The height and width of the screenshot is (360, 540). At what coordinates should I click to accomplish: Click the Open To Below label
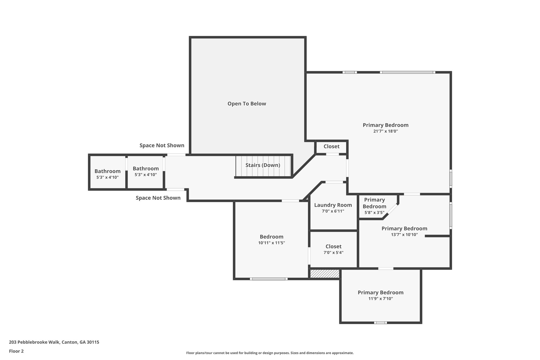[x=247, y=104]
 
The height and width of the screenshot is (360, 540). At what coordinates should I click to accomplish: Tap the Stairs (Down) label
[x=263, y=165]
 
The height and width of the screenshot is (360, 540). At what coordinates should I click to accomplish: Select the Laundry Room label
[x=333, y=205]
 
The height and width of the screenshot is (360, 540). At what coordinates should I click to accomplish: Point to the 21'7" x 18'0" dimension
[x=385, y=131]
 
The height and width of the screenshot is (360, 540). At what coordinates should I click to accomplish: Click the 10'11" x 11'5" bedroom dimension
[x=272, y=243]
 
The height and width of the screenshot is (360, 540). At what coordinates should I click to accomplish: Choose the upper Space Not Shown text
[x=162, y=145]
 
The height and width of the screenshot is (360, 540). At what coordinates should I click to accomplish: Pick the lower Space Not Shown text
[x=158, y=198]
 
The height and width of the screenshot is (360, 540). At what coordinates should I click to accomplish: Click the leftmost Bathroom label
[x=108, y=171]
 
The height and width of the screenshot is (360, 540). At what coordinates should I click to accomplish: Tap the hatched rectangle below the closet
[x=325, y=273]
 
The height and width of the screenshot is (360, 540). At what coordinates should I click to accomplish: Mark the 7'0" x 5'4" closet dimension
[x=334, y=252]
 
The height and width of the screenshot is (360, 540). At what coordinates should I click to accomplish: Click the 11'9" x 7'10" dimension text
[x=380, y=299]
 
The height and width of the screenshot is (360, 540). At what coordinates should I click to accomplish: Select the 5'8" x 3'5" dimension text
[x=374, y=212]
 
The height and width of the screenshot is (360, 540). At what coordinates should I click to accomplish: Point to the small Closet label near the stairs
[x=331, y=146]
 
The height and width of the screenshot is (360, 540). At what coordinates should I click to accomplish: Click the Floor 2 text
[x=16, y=351]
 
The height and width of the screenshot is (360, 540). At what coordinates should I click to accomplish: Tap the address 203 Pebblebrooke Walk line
[x=54, y=342]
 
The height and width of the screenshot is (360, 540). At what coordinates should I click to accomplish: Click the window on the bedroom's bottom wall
[x=268, y=279]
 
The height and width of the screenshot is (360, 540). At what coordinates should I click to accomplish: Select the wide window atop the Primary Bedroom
[x=407, y=72]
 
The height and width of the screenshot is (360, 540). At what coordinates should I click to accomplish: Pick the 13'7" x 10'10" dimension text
[x=404, y=234]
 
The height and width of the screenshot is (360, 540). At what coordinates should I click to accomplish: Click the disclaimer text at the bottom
[x=270, y=353]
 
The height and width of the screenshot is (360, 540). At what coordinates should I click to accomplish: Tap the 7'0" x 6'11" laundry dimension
[x=333, y=211]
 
